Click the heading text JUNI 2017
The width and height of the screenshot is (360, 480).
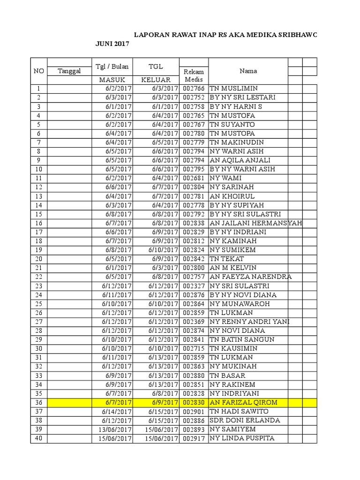(x=112, y=44)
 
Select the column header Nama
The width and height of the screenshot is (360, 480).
(x=248, y=71)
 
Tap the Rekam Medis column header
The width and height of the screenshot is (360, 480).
(x=194, y=75)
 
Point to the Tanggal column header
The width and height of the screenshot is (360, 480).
(x=69, y=71)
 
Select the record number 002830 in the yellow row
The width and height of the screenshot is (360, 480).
(x=194, y=402)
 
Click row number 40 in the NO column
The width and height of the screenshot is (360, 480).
(x=38, y=438)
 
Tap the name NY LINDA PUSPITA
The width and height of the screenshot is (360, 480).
(x=241, y=438)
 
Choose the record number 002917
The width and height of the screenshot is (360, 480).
(x=194, y=438)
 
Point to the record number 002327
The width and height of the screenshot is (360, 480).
(x=194, y=286)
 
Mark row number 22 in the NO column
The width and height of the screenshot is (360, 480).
(x=38, y=277)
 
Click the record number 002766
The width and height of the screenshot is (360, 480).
(x=194, y=89)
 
